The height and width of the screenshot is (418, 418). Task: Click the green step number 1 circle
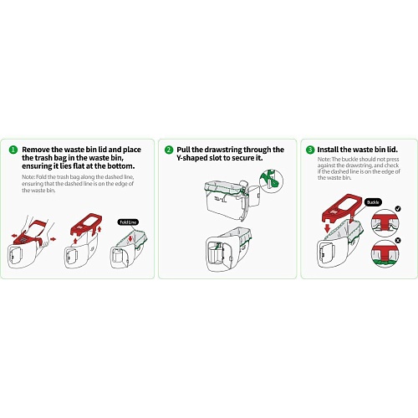coord(13,150)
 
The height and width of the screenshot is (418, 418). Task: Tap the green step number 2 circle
coord(169,150)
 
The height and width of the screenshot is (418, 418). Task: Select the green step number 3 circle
coord(310,150)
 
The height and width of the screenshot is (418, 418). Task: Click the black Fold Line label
coord(128,222)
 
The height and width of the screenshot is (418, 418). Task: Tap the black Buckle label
coord(373,202)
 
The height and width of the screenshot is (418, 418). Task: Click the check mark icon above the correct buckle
coord(398,208)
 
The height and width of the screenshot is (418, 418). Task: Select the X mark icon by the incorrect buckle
coord(398,240)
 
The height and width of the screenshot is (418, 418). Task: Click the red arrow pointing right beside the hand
coord(53,239)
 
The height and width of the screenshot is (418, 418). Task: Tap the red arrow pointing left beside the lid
coord(15,236)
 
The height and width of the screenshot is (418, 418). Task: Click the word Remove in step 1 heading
coord(36,150)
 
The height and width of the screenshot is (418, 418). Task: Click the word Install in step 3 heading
coord(328,150)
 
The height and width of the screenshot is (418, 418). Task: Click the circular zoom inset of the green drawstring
coord(272,181)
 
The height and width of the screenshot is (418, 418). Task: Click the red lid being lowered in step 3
coord(342,207)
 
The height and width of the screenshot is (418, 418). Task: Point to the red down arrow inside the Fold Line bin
coord(130,239)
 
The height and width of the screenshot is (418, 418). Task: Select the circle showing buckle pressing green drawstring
coord(385,254)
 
